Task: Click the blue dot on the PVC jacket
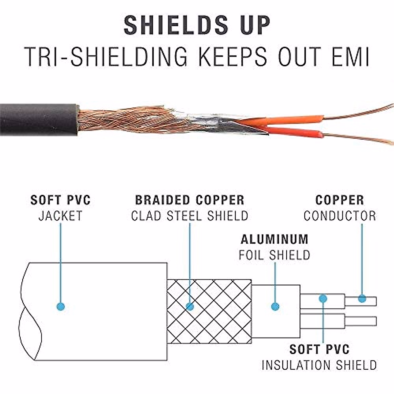(61, 307)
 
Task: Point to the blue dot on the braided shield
(190, 307)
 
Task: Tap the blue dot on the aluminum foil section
(275, 307)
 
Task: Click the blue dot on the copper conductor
(362, 299)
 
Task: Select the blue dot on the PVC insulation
(323, 298)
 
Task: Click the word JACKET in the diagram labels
(60, 216)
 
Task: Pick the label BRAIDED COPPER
(190, 200)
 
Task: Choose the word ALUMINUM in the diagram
(274, 240)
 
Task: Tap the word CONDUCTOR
(339, 216)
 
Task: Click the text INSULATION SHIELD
(319, 365)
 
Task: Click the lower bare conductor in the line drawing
(361, 321)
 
